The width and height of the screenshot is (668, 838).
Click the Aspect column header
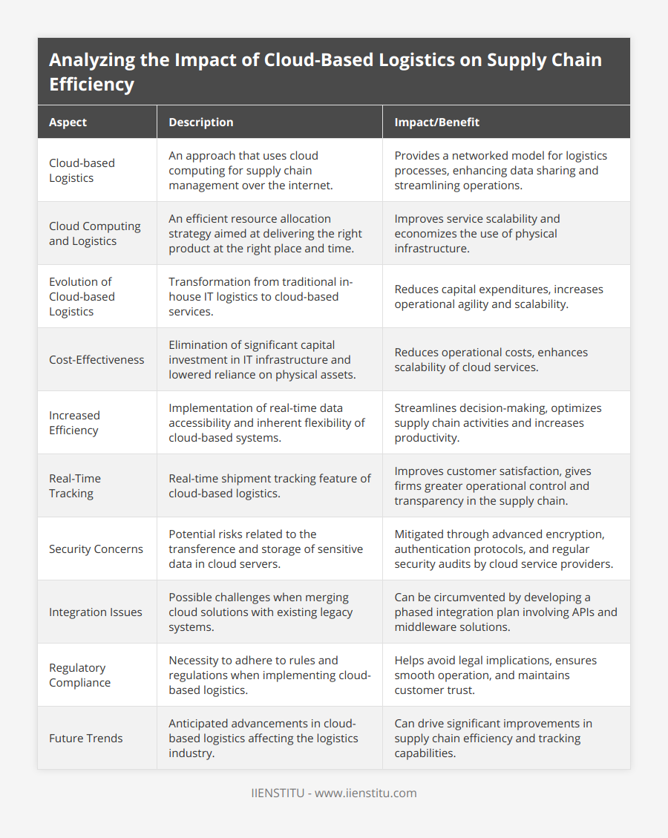point(68,122)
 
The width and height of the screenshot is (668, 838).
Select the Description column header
point(200,122)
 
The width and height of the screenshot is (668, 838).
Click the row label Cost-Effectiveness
point(96,359)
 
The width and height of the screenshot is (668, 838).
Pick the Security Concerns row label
point(96,549)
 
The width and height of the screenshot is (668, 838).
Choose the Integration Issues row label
point(95,612)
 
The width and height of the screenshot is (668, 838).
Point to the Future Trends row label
point(85,738)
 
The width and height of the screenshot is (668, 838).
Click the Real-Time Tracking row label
point(75,485)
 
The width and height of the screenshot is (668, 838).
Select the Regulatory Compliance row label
point(79,675)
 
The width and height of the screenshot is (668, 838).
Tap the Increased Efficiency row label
point(74,422)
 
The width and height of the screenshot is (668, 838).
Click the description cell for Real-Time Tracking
point(269,485)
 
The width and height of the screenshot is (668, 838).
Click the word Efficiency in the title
point(91,83)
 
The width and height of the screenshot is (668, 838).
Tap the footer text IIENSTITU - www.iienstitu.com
point(334,793)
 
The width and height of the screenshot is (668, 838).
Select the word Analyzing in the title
point(93,60)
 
